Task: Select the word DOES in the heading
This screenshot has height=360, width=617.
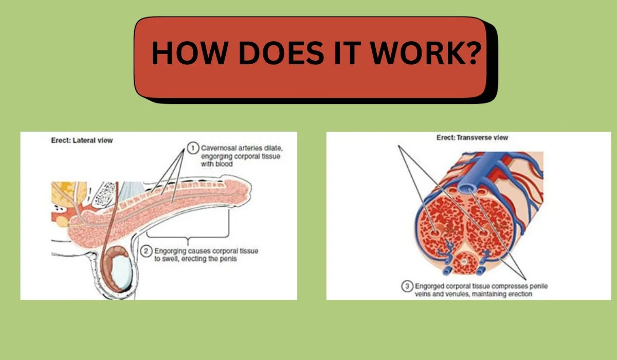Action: tap(281, 52)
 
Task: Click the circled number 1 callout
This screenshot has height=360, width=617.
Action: tap(193, 148)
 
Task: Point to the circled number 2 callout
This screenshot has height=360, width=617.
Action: tap(146, 251)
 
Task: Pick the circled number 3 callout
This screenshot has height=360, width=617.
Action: tap(407, 286)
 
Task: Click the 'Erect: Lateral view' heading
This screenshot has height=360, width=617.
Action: tap(82, 140)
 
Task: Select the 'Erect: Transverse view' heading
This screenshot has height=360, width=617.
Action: tap(472, 137)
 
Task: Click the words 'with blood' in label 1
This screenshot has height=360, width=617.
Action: tap(217, 164)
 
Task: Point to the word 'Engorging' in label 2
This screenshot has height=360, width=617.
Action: tap(170, 251)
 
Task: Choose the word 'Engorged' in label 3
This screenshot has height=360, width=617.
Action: tap(429, 286)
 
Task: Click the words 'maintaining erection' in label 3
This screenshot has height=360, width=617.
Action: tap(502, 294)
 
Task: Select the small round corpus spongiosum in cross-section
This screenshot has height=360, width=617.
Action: tap(464, 262)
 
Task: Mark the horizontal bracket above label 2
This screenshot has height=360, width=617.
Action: tap(188, 237)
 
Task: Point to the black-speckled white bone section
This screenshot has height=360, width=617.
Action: tap(103, 195)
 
